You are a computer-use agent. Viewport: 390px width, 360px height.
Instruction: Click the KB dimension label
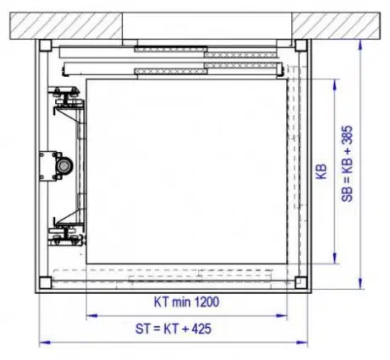point(321,172)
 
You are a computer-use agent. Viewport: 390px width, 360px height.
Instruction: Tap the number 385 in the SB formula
point(347,136)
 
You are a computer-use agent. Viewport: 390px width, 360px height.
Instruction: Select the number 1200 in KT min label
point(206,302)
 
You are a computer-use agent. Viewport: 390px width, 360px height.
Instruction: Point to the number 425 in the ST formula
point(201,329)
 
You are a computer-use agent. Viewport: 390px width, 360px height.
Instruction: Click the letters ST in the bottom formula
point(142,329)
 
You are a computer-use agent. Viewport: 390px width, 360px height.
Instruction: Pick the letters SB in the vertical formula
point(347,194)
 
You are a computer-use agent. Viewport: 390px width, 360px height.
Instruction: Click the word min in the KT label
point(182,302)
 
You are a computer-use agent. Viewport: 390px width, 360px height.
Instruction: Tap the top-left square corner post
point(45,46)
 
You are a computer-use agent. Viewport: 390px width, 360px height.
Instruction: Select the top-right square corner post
point(301,46)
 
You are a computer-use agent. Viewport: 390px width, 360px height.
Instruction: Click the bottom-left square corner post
point(45,283)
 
